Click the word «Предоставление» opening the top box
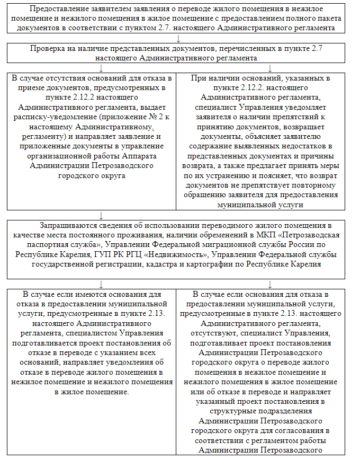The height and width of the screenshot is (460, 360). pos(56,9)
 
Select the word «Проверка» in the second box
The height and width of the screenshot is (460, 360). pos(48,48)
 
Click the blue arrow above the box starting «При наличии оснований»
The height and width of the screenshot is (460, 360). pos(270,68)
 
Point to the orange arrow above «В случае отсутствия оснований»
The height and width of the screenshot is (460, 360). pos(101,68)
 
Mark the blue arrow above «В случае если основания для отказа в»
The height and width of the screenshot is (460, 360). pos(270,284)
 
